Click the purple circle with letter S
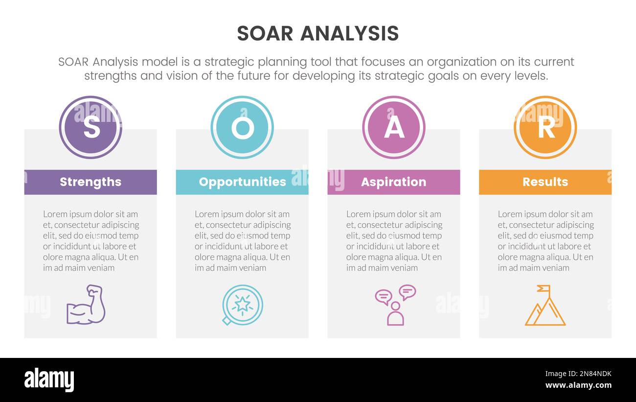[x=91, y=127]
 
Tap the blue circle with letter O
[x=242, y=127]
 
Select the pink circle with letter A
[x=394, y=127]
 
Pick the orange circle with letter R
[x=545, y=127]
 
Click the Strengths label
[x=91, y=182]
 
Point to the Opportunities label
[x=242, y=182]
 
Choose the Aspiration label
[x=394, y=182]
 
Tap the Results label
[x=545, y=182]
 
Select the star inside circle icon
[x=242, y=305]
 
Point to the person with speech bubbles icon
[x=395, y=305]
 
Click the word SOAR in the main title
[x=265, y=33]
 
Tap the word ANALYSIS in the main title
[x=349, y=33]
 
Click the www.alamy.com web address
[x=578, y=385]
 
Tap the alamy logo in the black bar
[x=49, y=380]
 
